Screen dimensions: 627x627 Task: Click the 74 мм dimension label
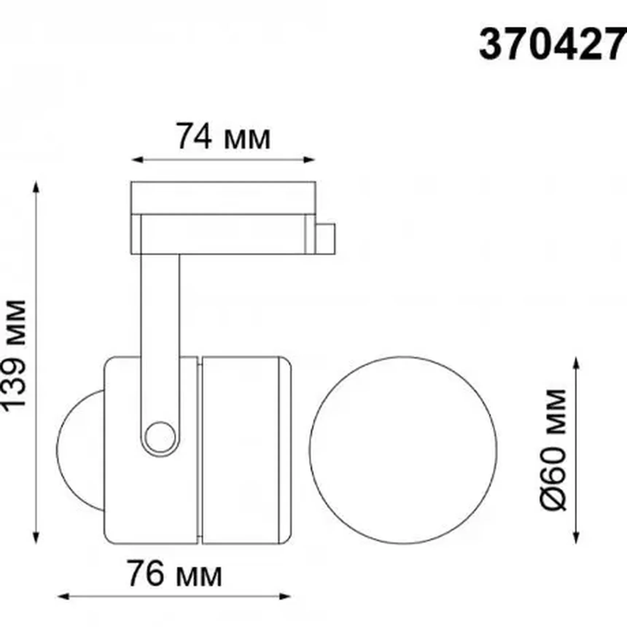tap(223, 137)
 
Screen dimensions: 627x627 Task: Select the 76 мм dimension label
tap(174, 574)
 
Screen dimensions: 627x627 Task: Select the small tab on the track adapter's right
tap(325, 238)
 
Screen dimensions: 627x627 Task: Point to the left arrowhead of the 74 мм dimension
tap(135, 160)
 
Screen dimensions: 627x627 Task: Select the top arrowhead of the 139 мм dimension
tap(36, 186)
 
